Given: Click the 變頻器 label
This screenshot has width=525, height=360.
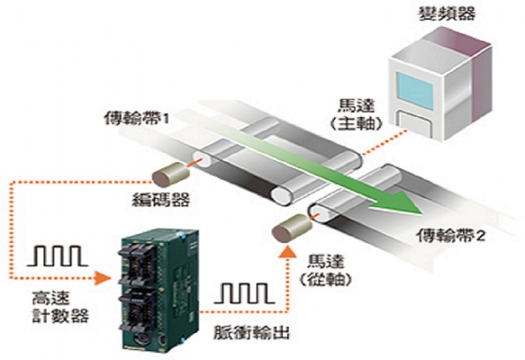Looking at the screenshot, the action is (447, 13).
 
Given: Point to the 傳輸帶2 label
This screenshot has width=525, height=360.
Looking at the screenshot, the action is (450, 235).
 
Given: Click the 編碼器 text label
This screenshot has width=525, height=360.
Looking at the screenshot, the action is (160, 200).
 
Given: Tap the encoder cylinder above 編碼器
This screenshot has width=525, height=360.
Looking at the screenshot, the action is (171, 174).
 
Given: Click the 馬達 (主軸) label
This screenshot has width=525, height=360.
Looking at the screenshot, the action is (356, 115).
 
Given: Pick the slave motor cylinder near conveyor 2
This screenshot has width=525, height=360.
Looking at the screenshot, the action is (292, 229).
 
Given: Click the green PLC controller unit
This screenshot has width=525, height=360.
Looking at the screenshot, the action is (159, 290).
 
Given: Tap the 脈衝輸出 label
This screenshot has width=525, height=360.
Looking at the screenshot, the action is (251, 333).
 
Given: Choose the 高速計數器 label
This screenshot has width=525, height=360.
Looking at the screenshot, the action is (60, 306).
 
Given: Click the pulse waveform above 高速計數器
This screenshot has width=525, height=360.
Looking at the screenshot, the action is (57, 256).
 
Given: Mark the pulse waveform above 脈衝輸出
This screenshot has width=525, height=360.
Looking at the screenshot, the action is (244, 293).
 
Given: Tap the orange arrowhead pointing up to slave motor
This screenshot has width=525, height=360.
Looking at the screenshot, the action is (287, 252).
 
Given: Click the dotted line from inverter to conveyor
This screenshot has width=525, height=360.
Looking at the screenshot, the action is (385, 142).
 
